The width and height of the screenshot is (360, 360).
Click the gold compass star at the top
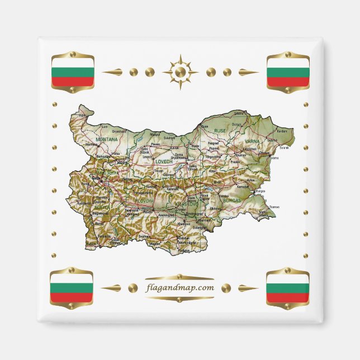180,72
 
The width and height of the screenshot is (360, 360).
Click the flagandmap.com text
179,288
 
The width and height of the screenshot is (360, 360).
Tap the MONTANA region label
107,139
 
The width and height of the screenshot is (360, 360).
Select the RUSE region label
220,130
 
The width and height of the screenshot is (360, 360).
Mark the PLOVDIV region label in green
144,199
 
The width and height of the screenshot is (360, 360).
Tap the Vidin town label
82,115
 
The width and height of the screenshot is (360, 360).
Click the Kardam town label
282,131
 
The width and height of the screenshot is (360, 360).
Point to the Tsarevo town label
274,206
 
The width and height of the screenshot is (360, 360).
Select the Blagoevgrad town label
101,213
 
